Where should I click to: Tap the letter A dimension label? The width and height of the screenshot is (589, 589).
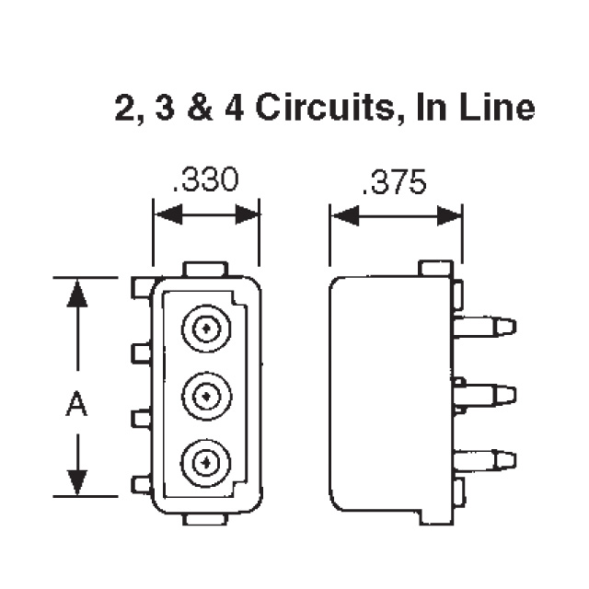pos(78,404)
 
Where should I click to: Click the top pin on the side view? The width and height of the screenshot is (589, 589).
pos(485,327)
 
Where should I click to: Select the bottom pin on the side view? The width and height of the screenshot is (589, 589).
pos(485,459)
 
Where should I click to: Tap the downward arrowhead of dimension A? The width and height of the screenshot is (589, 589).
pos(78,480)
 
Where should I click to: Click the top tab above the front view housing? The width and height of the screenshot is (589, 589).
pos(205,269)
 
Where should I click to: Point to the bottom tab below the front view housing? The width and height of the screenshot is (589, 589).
pos(205,519)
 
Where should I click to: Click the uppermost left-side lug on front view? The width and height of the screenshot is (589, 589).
pos(141,288)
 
